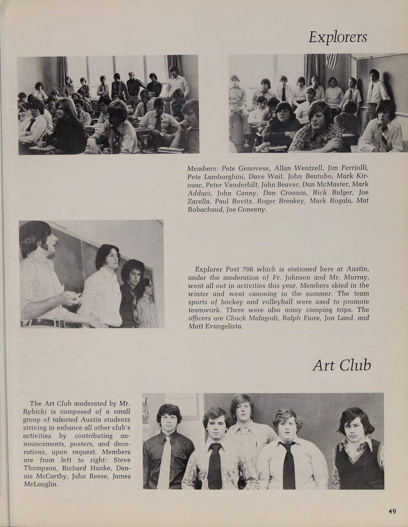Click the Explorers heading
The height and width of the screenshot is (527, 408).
[338, 38]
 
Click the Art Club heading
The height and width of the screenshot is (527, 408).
[341, 366]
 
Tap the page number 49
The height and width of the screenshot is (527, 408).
[392, 511]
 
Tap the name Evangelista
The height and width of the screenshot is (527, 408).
[219, 326]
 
